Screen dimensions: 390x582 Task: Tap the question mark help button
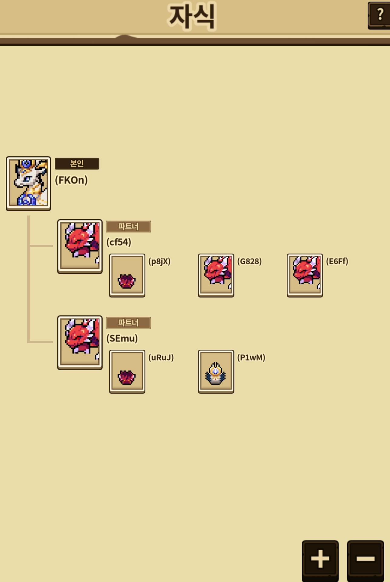pyautogui.click(x=379, y=15)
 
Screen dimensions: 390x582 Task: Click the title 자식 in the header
pyautogui.click(x=192, y=17)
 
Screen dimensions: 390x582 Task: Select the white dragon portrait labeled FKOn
pyautogui.click(x=28, y=183)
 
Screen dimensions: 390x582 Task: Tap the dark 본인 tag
pyautogui.click(x=77, y=164)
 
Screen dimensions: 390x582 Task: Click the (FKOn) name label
pyautogui.click(x=71, y=180)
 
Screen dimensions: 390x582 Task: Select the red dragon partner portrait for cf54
pyautogui.click(x=80, y=247)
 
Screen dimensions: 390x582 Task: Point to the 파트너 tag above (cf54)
pyautogui.click(x=128, y=227)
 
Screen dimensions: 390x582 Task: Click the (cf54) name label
pyautogui.click(x=119, y=242)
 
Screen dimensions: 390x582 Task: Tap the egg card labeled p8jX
pyautogui.click(x=127, y=275)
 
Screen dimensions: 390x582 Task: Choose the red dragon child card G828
pyautogui.click(x=216, y=275)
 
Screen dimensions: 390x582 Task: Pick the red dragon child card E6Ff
pyautogui.click(x=305, y=275)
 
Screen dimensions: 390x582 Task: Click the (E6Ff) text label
pyautogui.click(x=337, y=261)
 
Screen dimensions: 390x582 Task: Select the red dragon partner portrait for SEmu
pyautogui.click(x=80, y=343)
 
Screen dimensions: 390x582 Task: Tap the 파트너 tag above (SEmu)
pyautogui.click(x=128, y=323)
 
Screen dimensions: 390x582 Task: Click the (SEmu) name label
pyautogui.click(x=122, y=338)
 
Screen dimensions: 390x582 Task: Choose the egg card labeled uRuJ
pyautogui.click(x=127, y=371)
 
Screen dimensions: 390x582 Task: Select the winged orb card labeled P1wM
pyautogui.click(x=216, y=371)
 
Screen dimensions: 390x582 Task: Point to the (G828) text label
pyautogui.click(x=249, y=261)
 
